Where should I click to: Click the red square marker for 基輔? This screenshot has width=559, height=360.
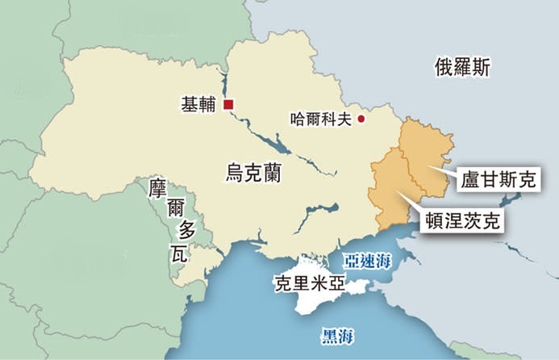[229, 104]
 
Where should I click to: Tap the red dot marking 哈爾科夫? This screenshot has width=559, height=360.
[361, 119]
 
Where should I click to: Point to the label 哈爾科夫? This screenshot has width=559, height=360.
[321, 119]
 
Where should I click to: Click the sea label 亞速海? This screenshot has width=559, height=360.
[367, 262]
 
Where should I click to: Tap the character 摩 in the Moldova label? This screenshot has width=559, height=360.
[158, 190]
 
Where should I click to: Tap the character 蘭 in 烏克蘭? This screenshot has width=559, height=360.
[273, 172]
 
